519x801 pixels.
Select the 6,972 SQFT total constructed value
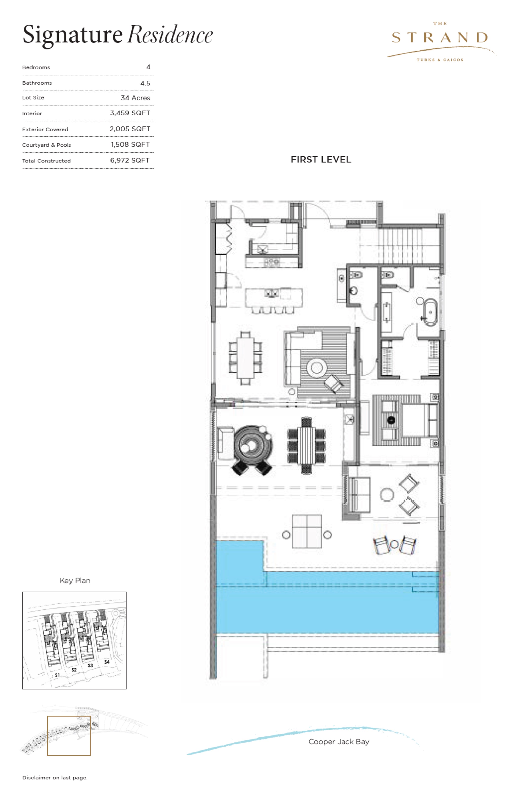tap(130, 161)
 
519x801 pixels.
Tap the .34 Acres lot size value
tap(135, 98)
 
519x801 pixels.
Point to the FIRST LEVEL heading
tap(321, 160)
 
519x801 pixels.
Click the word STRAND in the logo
tap(440, 38)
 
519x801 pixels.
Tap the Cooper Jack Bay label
tap(339, 741)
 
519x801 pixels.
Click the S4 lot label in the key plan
tap(107, 662)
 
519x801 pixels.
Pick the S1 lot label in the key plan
tap(57, 675)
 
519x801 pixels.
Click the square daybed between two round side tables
tap(307, 532)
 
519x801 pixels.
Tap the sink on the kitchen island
tap(272, 293)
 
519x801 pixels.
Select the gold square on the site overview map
tap(69, 736)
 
